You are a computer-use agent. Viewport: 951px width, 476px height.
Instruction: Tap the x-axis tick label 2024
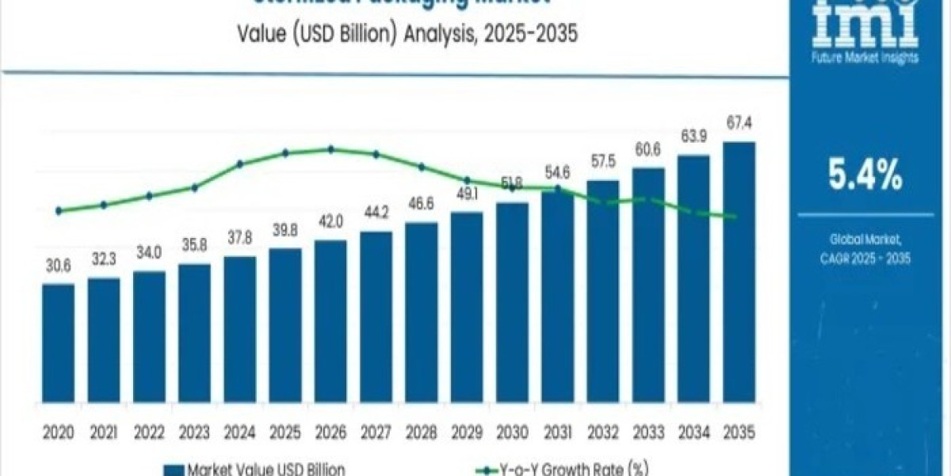[x=240, y=432]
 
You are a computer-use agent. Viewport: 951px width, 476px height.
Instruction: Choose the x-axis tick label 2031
[x=557, y=432]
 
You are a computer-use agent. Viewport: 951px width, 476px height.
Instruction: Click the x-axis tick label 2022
[x=149, y=432]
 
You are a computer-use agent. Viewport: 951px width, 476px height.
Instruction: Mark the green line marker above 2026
[x=330, y=149]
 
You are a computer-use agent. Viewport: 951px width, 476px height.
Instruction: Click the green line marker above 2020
[x=59, y=211]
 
